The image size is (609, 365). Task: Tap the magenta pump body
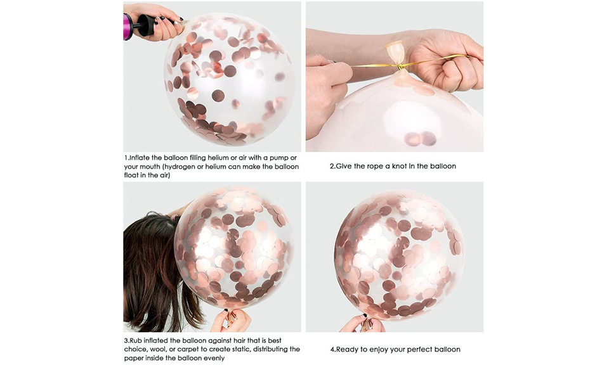pos(128,27)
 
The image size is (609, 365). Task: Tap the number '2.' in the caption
pos(332,167)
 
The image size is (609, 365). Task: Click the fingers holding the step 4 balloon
pos(363,323)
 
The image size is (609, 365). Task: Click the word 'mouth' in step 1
pos(150,167)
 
